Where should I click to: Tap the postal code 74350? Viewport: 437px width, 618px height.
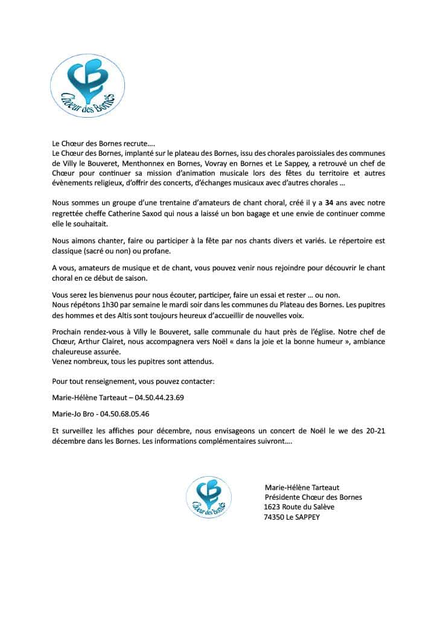274,517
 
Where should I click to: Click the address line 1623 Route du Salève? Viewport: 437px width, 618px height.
299,507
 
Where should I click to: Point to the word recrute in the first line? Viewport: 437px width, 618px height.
136,144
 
